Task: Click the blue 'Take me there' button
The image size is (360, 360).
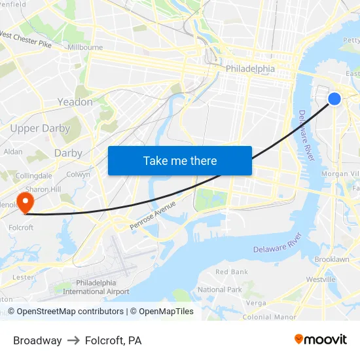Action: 179,160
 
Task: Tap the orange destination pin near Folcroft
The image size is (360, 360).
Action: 26,202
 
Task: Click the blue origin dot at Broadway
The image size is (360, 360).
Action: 334,98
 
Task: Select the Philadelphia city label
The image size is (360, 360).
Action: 250,69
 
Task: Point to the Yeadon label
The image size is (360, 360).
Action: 75,102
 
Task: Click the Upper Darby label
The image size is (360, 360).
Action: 40,128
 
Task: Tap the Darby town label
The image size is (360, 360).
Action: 68,153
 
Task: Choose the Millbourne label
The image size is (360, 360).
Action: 85,47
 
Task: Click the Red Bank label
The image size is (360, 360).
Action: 232,272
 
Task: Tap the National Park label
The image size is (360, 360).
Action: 220,289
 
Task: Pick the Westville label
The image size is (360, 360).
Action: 321,279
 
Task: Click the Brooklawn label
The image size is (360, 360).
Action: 331,260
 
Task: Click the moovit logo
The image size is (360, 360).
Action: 320,339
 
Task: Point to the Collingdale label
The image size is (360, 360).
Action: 34,176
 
